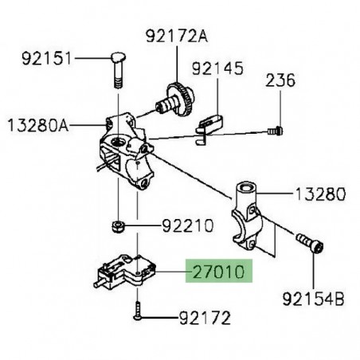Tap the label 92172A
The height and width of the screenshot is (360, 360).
[x=175, y=35]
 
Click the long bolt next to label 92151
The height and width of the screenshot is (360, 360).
[x=116, y=72]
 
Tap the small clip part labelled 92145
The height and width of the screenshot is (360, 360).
[x=209, y=126]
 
